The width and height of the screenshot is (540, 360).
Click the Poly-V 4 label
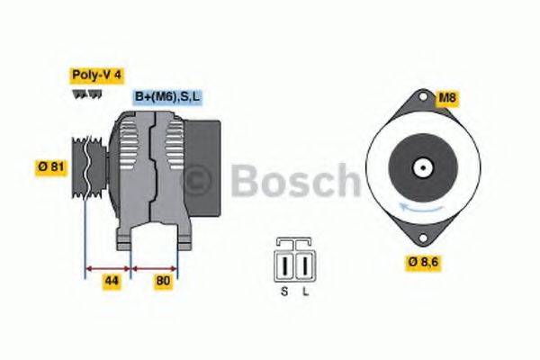pos(95,76)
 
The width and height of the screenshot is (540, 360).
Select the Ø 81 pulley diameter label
pos(50,166)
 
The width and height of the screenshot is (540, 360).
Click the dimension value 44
pos(110,281)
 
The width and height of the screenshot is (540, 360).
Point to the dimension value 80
pos(163,281)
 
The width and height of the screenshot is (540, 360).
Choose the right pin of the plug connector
pos(306,266)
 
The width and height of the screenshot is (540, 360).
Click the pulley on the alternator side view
pos(85,167)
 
